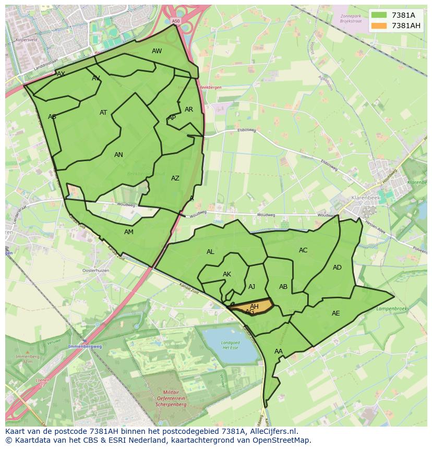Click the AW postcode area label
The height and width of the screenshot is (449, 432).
[157, 51]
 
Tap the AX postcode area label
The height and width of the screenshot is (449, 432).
[61, 74]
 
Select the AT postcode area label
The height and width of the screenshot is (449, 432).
[103, 113]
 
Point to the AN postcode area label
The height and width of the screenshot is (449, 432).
[118, 155]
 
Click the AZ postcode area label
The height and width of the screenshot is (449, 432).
[175, 178]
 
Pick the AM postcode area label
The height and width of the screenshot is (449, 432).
[129, 232]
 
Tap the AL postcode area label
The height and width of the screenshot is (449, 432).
[210, 252]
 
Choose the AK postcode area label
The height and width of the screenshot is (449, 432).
[227, 274]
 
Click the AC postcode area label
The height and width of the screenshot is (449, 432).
[303, 250]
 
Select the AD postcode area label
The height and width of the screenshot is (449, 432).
[337, 268]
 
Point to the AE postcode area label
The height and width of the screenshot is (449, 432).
[336, 313]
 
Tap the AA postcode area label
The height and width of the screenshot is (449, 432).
[279, 351]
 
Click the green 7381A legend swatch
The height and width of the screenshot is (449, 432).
[379, 15]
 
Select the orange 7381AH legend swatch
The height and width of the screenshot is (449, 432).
[379, 26]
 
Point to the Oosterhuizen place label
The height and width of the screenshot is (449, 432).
[95, 271]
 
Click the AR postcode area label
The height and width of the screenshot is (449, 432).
[189, 110]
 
